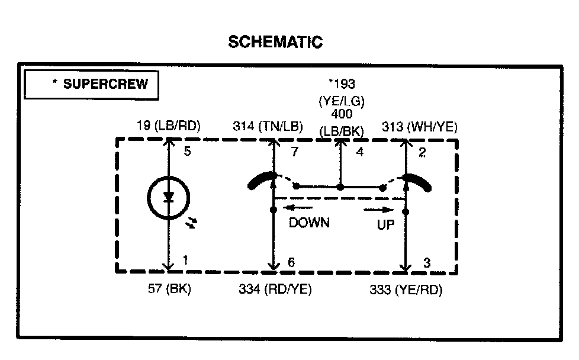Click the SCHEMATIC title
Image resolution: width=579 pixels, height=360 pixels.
tap(275, 42)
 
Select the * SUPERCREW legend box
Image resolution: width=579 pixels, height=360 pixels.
tap(91, 84)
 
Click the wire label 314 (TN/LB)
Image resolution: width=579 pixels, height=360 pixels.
tap(268, 126)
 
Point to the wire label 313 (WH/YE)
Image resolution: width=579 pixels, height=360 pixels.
tap(419, 126)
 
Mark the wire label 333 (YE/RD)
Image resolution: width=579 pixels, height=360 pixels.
tap(405, 290)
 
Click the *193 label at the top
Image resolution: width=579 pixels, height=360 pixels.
tap(342, 85)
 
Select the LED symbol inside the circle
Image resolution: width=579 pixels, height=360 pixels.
tap(168, 198)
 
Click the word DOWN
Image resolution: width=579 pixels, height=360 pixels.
tap(309, 223)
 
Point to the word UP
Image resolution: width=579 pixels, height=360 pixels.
tap(385, 226)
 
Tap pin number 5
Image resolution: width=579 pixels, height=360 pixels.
tap(187, 152)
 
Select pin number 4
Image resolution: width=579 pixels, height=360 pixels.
tap(359, 153)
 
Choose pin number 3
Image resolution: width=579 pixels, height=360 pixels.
tap(427, 262)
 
